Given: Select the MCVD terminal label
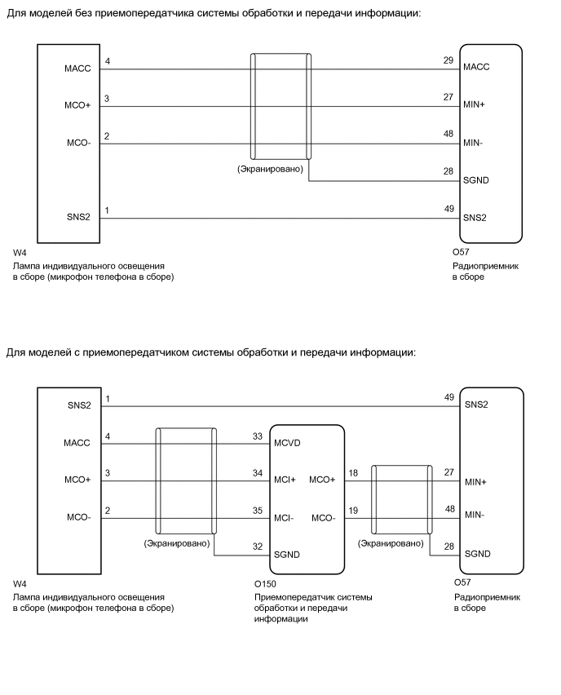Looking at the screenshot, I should point(289,443).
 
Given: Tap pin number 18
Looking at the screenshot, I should point(352,473).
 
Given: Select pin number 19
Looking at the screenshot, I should point(352,511).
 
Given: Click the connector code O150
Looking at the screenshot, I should point(266,585).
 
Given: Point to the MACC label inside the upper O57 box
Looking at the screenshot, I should point(476,68).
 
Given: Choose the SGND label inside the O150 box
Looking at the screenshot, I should point(288,554).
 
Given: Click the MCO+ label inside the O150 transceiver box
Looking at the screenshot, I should point(322,480).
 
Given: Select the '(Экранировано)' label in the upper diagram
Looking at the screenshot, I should point(270,169).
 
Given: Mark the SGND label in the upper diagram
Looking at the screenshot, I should point(476,180).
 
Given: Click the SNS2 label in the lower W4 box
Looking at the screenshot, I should point(79,405).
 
